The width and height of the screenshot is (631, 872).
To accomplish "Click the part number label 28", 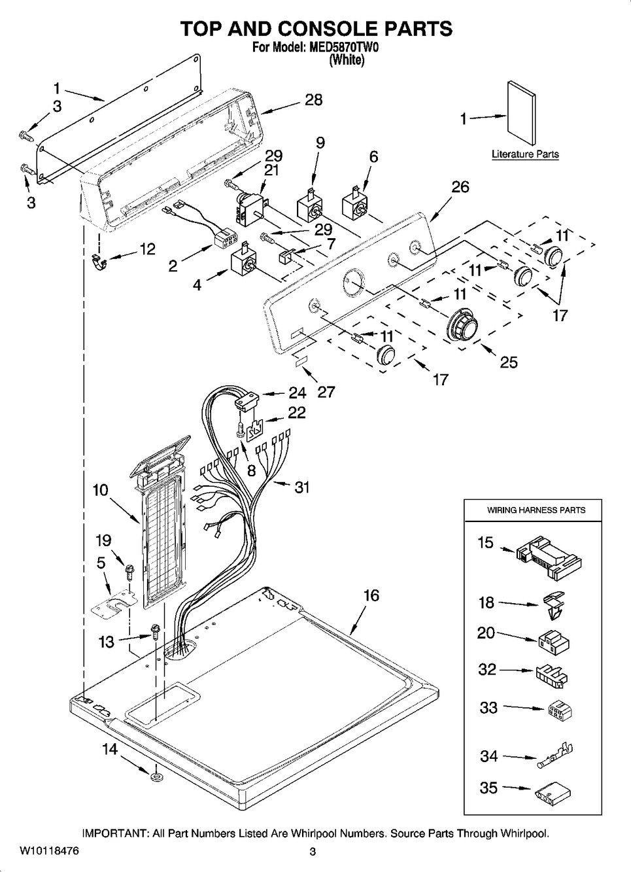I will coord(313,100).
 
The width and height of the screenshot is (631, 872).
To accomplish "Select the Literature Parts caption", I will coord(525,155).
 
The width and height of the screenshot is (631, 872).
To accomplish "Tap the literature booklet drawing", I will coord(521,113).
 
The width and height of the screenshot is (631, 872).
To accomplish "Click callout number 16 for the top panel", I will coord(371,596).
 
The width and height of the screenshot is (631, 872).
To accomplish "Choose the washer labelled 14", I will coord(156,776).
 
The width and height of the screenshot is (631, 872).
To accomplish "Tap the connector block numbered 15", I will coord(548,555).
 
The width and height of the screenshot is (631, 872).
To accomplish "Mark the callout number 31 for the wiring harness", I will coord(301,487).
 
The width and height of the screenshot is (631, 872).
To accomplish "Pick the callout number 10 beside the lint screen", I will coord(100,489).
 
